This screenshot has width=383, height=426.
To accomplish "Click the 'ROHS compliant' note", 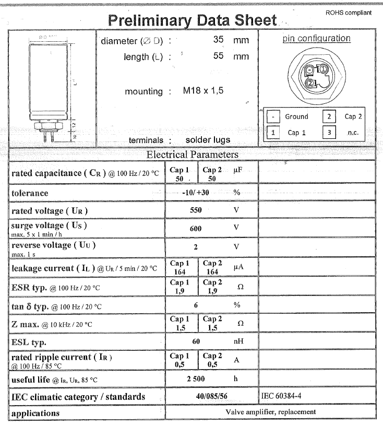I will click(x=348, y=13).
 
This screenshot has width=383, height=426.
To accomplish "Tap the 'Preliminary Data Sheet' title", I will click(x=191, y=20).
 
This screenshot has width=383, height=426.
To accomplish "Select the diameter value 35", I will click(x=219, y=40).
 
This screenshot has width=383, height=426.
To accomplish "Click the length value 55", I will click(x=219, y=56).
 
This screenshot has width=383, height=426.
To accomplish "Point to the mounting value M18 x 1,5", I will click(x=203, y=90).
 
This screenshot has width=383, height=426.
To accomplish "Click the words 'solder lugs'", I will click(x=208, y=140).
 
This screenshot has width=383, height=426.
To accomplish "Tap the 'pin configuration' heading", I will click(x=317, y=39).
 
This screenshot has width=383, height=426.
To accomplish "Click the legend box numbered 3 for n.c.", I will click(x=328, y=133).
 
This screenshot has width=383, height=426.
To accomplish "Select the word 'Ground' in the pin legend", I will click(x=296, y=117).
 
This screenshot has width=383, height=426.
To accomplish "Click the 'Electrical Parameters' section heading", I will click(x=192, y=155).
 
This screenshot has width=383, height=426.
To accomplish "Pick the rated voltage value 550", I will click(x=195, y=210).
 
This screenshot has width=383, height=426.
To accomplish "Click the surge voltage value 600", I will click(x=195, y=228).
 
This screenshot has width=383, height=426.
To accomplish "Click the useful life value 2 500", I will click(x=196, y=379).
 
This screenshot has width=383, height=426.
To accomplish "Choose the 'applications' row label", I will click(x=35, y=413).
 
